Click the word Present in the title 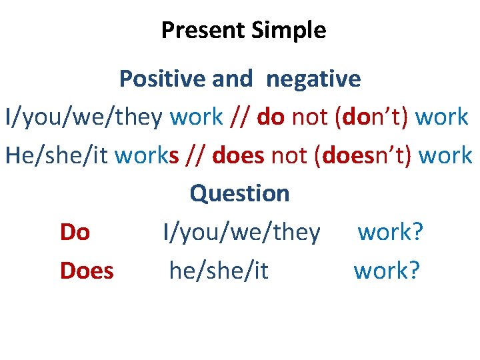tap(203, 31)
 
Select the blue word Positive tap(163, 79)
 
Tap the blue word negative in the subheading tap(313, 79)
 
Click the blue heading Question tap(240, 194)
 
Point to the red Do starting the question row tap(75, 233)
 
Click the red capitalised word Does tap(87, 271)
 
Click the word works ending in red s tap(147, 156)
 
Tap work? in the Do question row tap(391, 233)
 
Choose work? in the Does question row tap(387, 271)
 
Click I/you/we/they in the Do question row tap(242, 233)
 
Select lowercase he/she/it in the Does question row tap(219, 271)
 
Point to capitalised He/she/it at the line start tap(57, 156)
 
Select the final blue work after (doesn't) tap(445, 156)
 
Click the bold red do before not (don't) tap(271, 117)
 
